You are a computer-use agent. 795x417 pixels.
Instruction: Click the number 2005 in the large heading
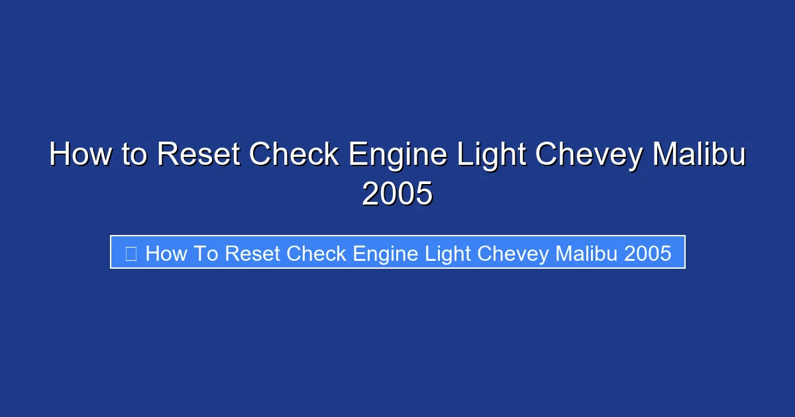coord(397,195)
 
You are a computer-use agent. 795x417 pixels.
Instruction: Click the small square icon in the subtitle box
coord(131,253)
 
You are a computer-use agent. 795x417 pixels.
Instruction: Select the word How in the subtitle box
coord(166,253)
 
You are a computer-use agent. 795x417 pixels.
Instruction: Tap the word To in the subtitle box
coord(205,253)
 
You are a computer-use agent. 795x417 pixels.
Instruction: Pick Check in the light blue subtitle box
coord(317,253)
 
